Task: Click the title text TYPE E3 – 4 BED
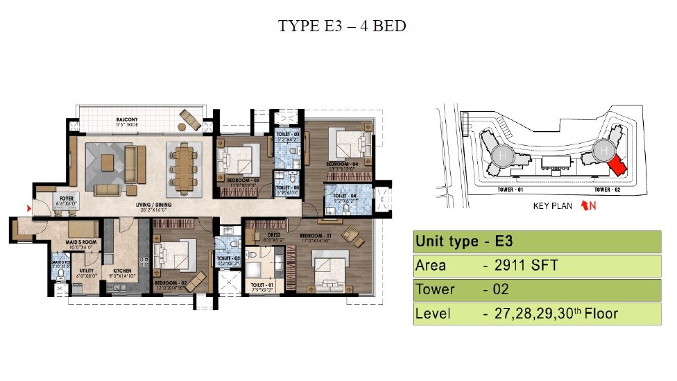[x=341, y=26]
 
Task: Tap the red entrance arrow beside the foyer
[x=28, y=207]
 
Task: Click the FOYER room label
[x=67, y=198]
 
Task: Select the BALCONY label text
[x=127, y=120]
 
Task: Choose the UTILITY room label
[x=86, y=271]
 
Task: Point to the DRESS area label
[x=273, y=235]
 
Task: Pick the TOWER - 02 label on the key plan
[x=607, y=189]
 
